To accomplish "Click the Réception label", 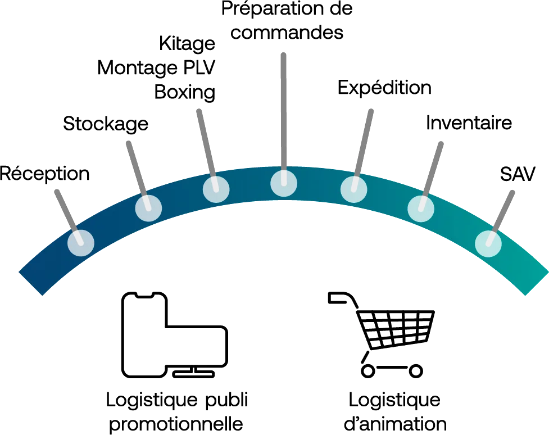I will pyautogui.click(x=44, y=173).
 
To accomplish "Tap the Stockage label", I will pyautogui.click(x=106, y=123).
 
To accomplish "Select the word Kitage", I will pyautogui.click(x=187, y=44).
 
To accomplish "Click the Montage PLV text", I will pyautogui.click(x=157, y=67).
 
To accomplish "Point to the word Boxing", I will pyautogui.click(x=185, y=91).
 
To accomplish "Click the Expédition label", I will pyautogui.click(x=384, y=88).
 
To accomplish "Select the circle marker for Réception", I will pyautogui.click(x=81, y=243).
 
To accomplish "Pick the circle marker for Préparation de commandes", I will pyautogui.click(x=283, y=182).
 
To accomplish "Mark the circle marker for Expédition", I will pyautogui.click(x=354, y=189).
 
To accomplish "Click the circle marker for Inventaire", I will pyautogui.click(x=421, y=209).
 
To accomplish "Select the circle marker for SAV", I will pyautogui.click(x=488, y=243).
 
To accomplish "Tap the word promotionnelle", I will pyautogui.click(x=175, y=423).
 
